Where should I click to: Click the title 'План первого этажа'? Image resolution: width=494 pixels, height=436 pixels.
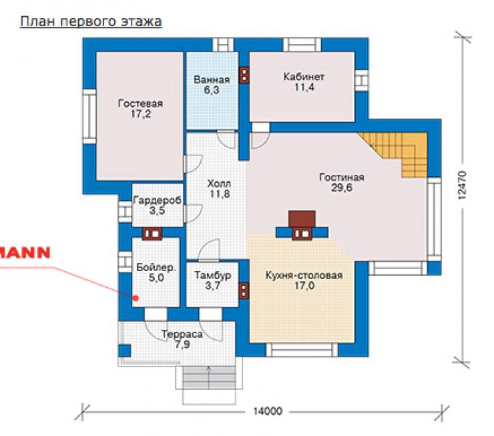(x=91, y=22)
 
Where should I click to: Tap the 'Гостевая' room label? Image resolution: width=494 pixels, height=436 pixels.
(x=140, y=103)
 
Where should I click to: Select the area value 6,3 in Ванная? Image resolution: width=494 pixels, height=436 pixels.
(x=212, y=90)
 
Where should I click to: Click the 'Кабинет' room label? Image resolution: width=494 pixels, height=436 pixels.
(x=304, y=77)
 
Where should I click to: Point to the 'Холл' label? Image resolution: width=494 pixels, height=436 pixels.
(x=219, y=184)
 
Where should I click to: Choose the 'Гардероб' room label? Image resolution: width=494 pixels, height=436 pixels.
(x=157, y=200)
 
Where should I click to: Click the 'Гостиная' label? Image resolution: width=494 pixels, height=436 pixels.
(x=342, y=177)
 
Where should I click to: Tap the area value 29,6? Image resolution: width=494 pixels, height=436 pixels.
(x=342, y=188)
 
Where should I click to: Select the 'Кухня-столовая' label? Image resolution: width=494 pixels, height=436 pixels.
(x=304, y=275)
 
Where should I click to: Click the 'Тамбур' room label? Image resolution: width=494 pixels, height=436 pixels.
(x=213, y=275)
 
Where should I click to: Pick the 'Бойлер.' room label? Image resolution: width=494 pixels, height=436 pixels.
(x=156, y=268)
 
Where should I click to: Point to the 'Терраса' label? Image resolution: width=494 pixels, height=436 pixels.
(x=182, y=335)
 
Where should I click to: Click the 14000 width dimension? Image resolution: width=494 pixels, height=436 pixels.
(x=267, y=411)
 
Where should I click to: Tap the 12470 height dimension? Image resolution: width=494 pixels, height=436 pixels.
(x=461, y=186)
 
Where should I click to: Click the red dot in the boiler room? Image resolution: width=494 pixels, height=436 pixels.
(x=136, y=297)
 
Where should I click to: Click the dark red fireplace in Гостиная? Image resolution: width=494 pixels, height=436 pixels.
(x=302, y=219)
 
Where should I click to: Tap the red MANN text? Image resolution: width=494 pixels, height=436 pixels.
(x=25, y=252)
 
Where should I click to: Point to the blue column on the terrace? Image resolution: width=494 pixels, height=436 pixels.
(x=124, y=351)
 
